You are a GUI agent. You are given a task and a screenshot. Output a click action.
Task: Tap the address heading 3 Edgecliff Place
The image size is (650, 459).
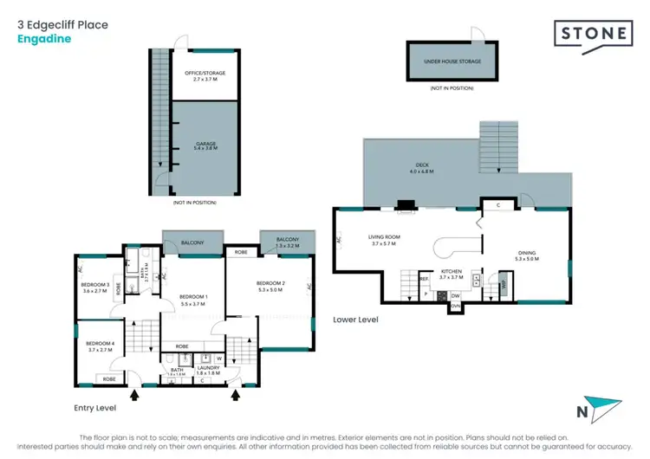click(62, 25)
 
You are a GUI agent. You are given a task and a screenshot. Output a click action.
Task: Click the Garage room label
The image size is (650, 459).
click(205, 145)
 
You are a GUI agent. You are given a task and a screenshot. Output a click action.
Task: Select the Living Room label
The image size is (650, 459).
click(382, 241)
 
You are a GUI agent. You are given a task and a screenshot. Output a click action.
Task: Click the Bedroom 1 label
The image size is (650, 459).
click(192, 300)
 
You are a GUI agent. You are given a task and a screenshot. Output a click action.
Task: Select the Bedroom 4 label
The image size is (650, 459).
click(99, 345)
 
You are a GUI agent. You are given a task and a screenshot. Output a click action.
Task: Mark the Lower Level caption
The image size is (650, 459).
click(355, 320)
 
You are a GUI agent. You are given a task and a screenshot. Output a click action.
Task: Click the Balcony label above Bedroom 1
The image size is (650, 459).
click(192, 243)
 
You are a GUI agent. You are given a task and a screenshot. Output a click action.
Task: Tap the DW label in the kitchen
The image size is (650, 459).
click(455, 295)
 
